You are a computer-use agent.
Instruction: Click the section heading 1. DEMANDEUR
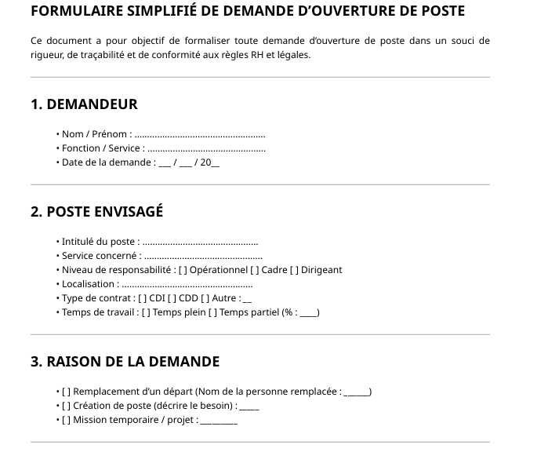[x=84, y=104]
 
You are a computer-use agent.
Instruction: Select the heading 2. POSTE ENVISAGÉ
[x=96, y=212]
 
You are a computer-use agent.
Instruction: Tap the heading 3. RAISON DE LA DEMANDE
[x=125, y=362]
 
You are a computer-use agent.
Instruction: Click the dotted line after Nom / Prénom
[x=200, y=135]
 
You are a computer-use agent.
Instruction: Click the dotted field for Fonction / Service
[x=206, y=149]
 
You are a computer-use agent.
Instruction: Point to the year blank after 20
[x=216, y=163]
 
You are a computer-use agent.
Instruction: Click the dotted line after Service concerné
[x=203, y=257]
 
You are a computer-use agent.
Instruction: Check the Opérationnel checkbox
[x=182, y=270]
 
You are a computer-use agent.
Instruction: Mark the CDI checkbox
[x=142, y=298]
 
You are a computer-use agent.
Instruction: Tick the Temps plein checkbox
[x=146, y=312]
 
